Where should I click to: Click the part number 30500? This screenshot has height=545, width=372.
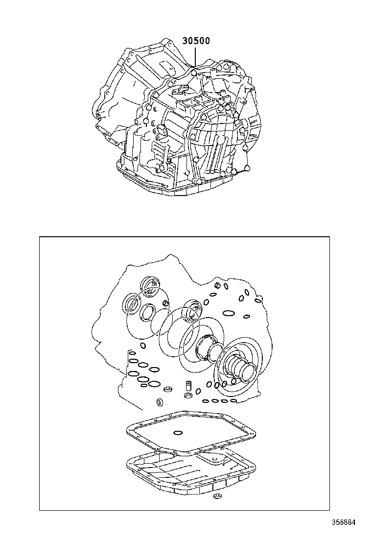coord(196,41)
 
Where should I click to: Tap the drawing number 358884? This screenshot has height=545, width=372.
coord(344,522)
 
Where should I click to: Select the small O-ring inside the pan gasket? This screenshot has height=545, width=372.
coord(178,432)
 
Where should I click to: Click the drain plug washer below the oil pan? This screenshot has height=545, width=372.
coord(218,495)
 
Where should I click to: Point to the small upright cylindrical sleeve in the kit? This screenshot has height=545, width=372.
coord(188,386)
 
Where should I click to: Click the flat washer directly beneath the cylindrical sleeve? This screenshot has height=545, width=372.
coord(188,396)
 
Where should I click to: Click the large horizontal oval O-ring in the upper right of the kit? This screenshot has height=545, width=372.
coord(229,314)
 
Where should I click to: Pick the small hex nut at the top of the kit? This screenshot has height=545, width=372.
coord(218,286)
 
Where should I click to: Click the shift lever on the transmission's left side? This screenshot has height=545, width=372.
coord(162,130)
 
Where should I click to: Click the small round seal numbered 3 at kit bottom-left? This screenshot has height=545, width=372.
coord(160,402)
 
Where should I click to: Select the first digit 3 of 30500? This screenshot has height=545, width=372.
coord(186,41)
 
